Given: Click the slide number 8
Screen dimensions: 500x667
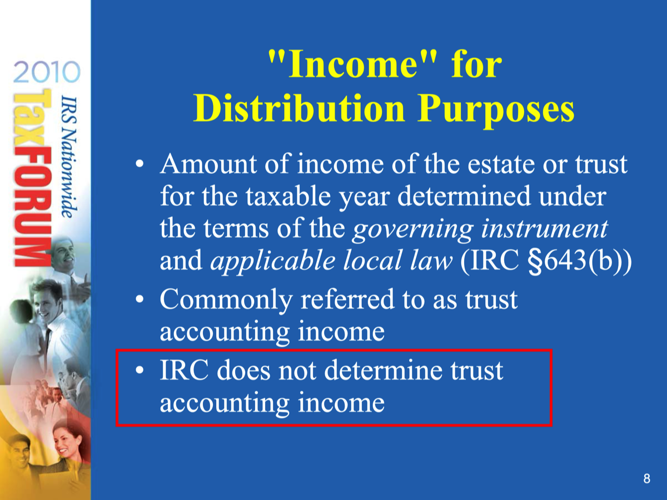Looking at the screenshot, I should pyautogui.click(x=646, y=478).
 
